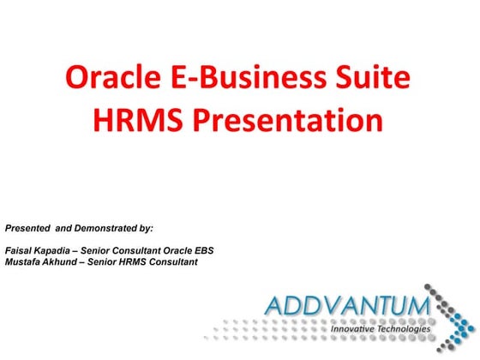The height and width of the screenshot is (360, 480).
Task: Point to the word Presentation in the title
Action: [284, 120]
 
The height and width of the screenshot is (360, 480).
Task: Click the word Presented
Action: [27, 229]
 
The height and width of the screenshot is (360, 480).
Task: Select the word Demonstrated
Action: [104, 229]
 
